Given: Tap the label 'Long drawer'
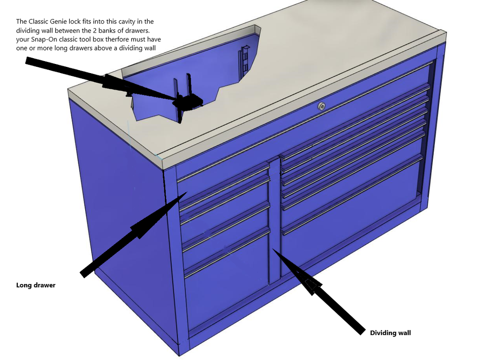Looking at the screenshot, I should pos(36,285).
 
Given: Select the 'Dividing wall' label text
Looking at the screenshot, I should pos(390,333).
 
